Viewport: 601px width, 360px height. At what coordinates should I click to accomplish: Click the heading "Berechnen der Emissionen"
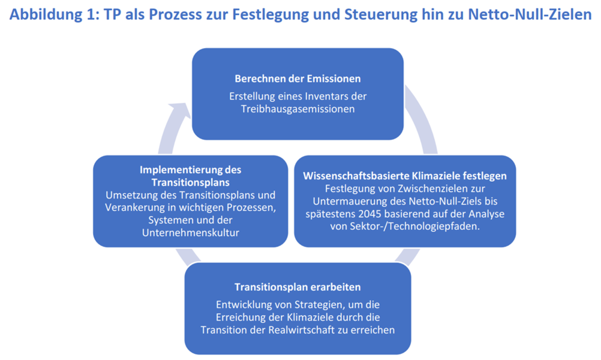(298, 79)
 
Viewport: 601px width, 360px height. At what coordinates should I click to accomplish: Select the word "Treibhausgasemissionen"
(298, 109)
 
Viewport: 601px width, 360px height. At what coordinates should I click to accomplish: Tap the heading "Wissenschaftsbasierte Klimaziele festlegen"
(405, 176)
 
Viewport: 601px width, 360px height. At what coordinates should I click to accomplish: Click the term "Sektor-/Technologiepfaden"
(414, 226)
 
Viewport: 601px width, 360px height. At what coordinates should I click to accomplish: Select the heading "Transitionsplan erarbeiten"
(298, 287)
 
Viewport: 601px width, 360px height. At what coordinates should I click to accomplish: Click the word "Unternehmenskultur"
(191, 233)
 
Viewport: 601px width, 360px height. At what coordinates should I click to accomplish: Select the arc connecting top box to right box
(425, 118)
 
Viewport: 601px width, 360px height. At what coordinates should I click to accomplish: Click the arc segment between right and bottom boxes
(407, 257)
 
